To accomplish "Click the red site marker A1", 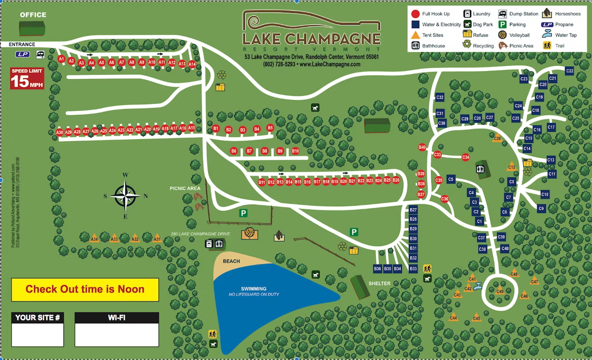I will [61, 59].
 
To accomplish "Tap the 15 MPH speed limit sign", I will [28, 79].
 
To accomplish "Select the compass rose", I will [126, 195].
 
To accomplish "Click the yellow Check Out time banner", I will [85, 289].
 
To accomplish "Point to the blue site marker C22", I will [570, 71].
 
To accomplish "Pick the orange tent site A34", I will [94, 239].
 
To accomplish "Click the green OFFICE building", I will [32, 28].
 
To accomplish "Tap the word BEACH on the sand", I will [231, 261].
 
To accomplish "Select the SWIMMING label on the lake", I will [254, 289].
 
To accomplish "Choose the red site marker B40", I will [422, 148].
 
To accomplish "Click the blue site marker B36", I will [378, 269].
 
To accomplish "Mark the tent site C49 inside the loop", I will [499, 291].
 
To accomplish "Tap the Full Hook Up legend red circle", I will [415, 14].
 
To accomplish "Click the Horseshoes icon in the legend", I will [547, 14].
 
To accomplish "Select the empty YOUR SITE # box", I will [37, 335].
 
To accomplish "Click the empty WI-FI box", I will [117, 335].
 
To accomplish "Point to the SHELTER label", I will [379, 284].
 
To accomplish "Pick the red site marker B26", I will [396, 180].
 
